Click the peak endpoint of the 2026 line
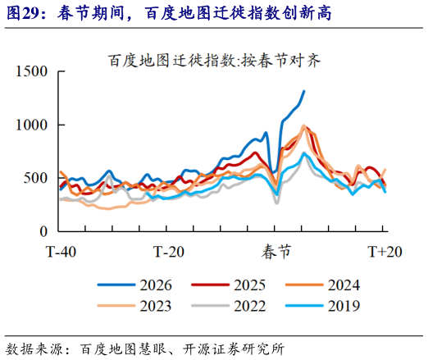303,91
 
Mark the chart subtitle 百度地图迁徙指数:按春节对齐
215,60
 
